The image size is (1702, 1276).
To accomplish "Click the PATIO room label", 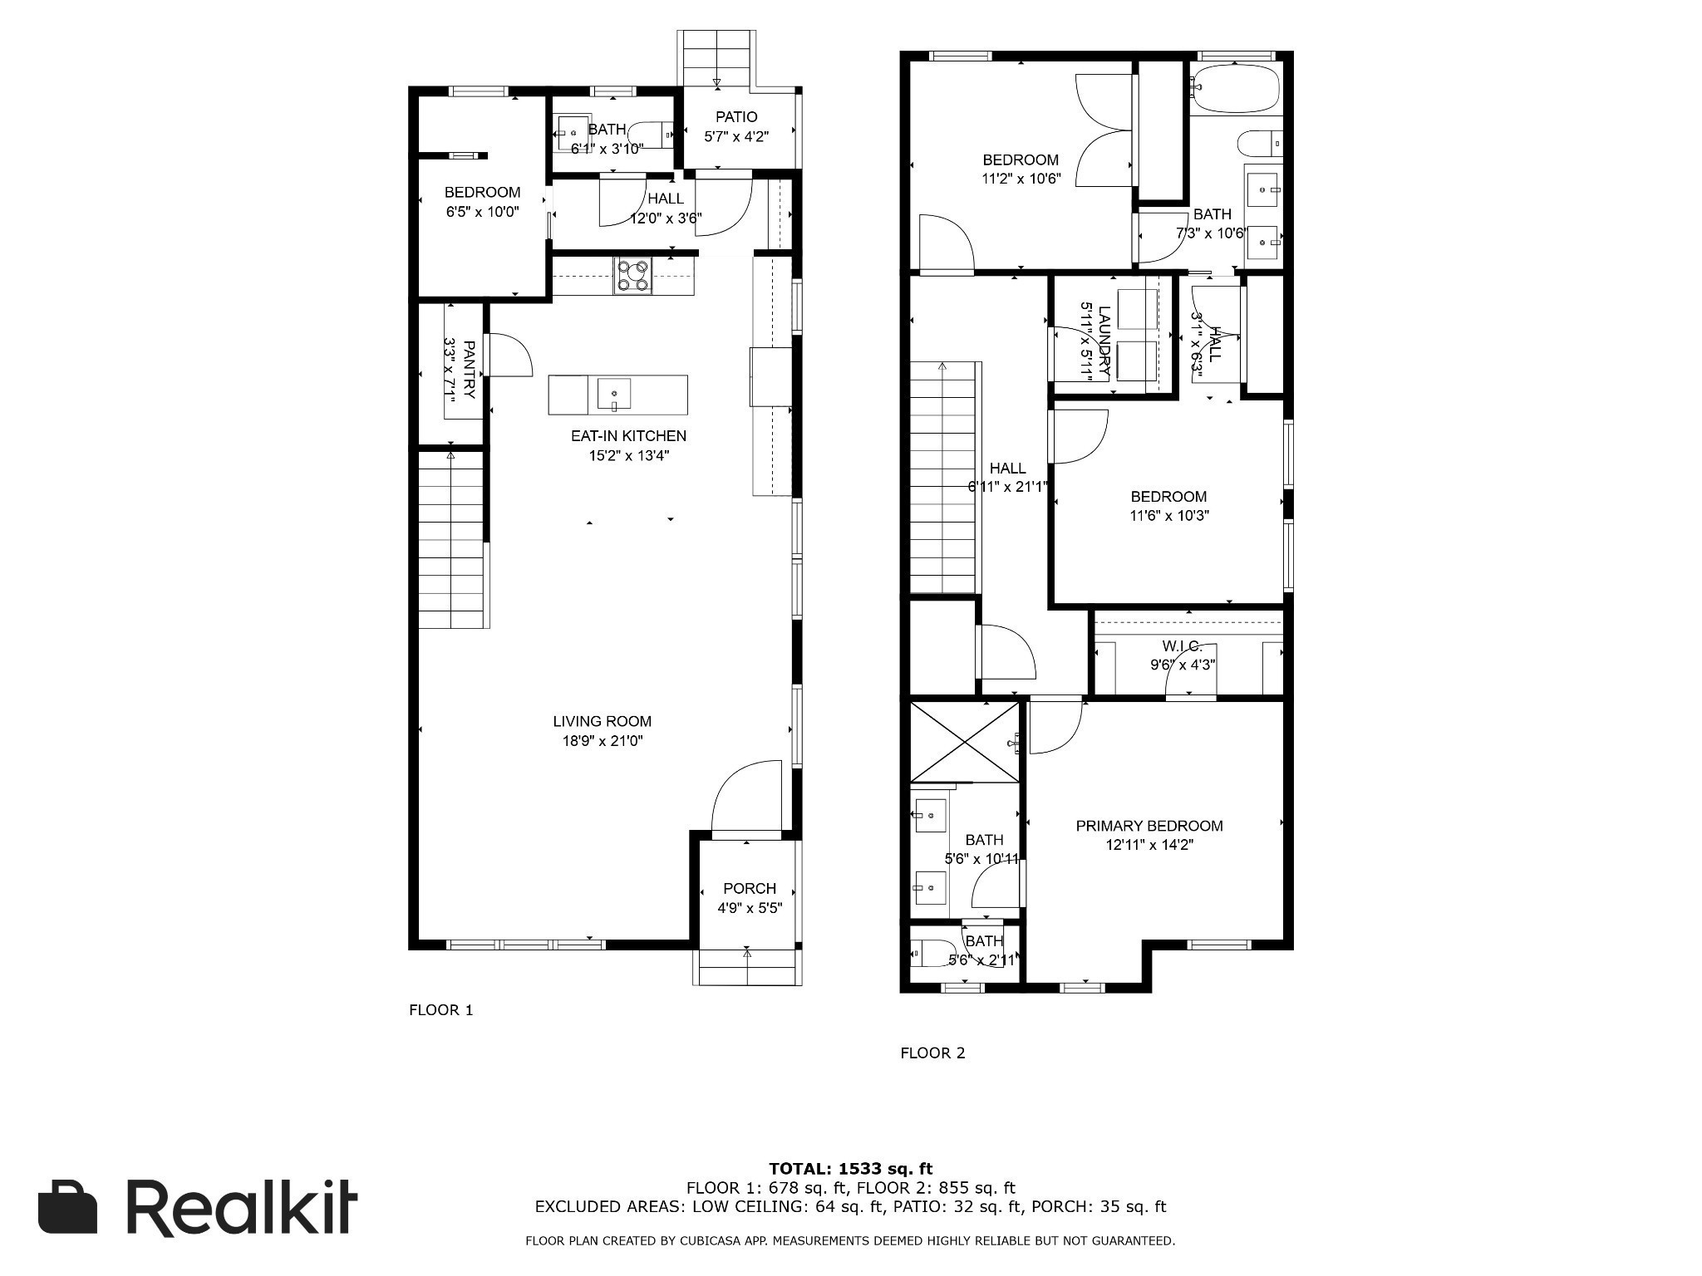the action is click(x=736, y=117).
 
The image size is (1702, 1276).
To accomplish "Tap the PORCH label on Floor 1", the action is click(x=750, y=889).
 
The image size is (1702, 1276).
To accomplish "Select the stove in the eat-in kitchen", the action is click(x=633, y=275).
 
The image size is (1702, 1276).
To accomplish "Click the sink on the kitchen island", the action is click(x=613, y=394).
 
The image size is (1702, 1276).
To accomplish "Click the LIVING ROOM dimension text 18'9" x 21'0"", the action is click(x=603, y=741).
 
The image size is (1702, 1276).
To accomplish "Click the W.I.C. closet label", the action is click(x=1182, y=645).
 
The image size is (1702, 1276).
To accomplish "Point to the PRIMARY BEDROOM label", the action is click(x=1149, y=826).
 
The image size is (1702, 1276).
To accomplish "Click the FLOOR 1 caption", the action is click(x=440, y=1010).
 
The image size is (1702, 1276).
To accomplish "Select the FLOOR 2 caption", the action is click(x=932, y=1053).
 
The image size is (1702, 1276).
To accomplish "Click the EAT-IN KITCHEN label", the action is click(x=628, y=435).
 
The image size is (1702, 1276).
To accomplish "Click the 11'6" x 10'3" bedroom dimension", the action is click(x=1168, y=515).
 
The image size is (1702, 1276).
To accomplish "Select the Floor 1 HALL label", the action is click(x=666, y=199).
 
